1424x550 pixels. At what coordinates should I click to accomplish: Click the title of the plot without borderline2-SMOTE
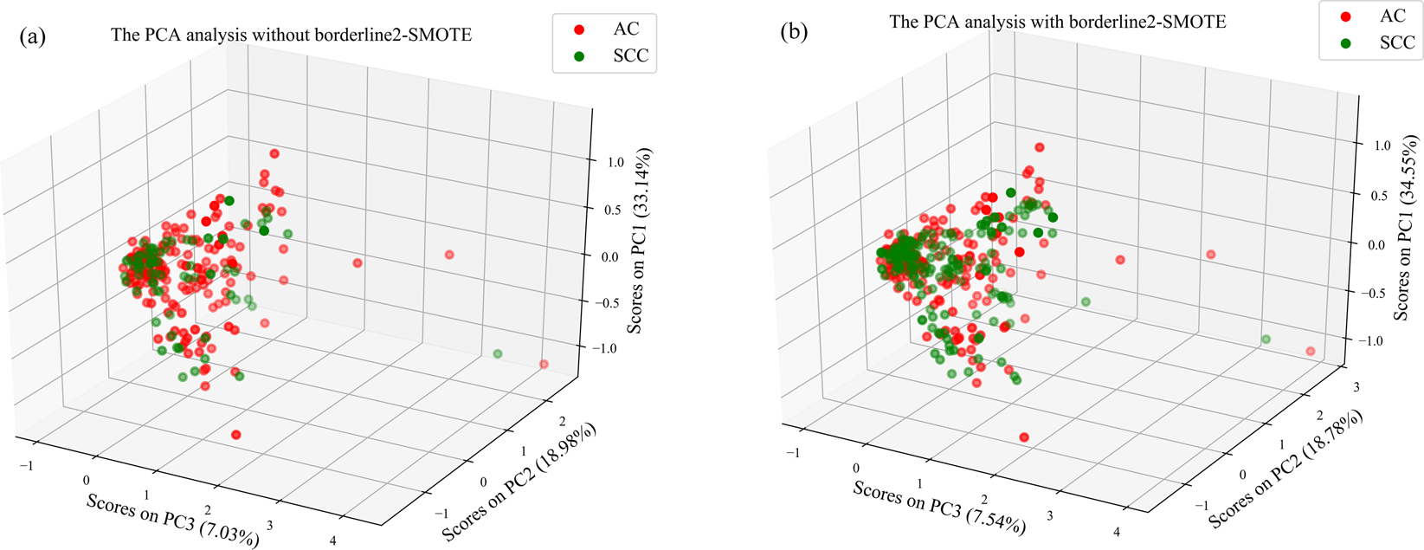[291, 36]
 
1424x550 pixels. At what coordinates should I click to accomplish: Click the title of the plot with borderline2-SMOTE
[1057, 21]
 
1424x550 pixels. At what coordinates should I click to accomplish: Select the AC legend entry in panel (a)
[606, 29]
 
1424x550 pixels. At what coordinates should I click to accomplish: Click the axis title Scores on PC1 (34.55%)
[1406, 228]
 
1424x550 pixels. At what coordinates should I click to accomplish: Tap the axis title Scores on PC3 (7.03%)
[172, 521]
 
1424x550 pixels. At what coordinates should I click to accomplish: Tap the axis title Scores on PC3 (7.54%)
[939, 508]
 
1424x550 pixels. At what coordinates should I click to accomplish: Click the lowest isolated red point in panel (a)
[236, 435]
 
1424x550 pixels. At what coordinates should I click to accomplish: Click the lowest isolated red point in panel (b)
[1024, 437]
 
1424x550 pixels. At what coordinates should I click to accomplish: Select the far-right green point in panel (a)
[498, 353]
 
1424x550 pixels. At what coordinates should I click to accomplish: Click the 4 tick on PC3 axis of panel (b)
[1116, 532]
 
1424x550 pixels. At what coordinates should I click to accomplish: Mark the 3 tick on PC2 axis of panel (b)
[1355, 387]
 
